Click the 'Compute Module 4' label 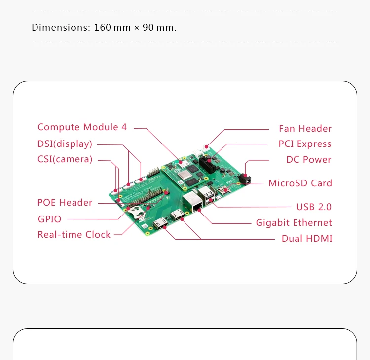pyautogui.click(x=82, y=127)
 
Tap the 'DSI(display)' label pyautogui.click(x=65, y=144)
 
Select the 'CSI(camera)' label pyautogui.click(x=65, y=159)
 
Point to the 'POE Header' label pyautogui.click(x=65, y=203)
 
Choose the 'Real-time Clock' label pyautogui.click(x=74, y=235)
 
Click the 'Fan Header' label pyautogui.click(x=305, y=129)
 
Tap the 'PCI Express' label pyautogui.click(x=305, y=144)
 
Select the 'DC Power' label pyautogui.click(x=309, y=160)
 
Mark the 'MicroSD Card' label pyautogui.click(x=300, y=183)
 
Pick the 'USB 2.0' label pyautogui.click(x=314, y=207)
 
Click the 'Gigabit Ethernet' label pyautogui.click(x=294, y=223)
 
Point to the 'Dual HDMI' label pyautogui.click(x=307, y=239)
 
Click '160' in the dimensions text pyautogui.click(x=102, y=27)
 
